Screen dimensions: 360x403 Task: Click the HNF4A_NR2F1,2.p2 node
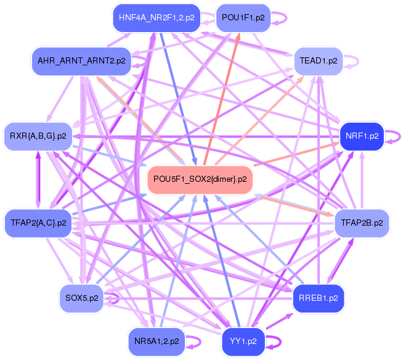point(157,18)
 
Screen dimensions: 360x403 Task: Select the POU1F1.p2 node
point(242,18)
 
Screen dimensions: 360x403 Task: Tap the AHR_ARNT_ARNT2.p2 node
point(81,60)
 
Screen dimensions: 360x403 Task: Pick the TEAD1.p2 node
point(318,60)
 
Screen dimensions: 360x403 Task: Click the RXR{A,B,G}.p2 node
point(38,136)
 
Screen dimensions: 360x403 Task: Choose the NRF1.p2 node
point(362,136)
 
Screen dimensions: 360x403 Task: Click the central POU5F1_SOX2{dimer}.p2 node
point(200,179)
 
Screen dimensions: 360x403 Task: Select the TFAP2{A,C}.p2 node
point(38,222)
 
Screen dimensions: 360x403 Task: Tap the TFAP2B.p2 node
point(362,222)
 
